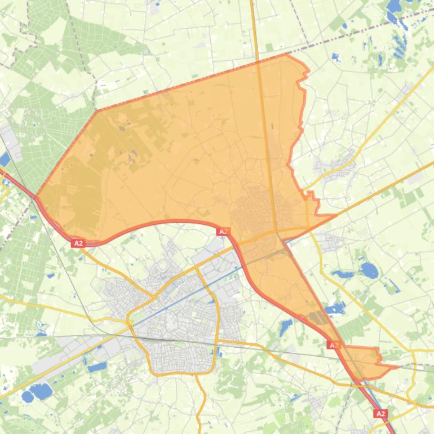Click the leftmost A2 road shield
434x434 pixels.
coord(78,243)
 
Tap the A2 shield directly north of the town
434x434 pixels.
coord(223,231)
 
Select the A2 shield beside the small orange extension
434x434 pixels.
coord(334,344)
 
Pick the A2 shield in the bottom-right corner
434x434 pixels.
coord(380,414)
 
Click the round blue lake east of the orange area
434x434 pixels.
coord(369,271)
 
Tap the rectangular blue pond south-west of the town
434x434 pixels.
coord(97,367)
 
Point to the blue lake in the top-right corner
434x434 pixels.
coord(393,7)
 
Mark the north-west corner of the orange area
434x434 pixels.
coord(96,110)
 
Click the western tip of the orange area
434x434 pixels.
coord(36,197)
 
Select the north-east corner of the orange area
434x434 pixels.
coord(287,54)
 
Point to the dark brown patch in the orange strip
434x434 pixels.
coord(318,318)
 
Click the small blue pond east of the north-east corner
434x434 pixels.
coord(336,56)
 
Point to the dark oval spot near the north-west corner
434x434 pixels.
coord(122,128)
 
